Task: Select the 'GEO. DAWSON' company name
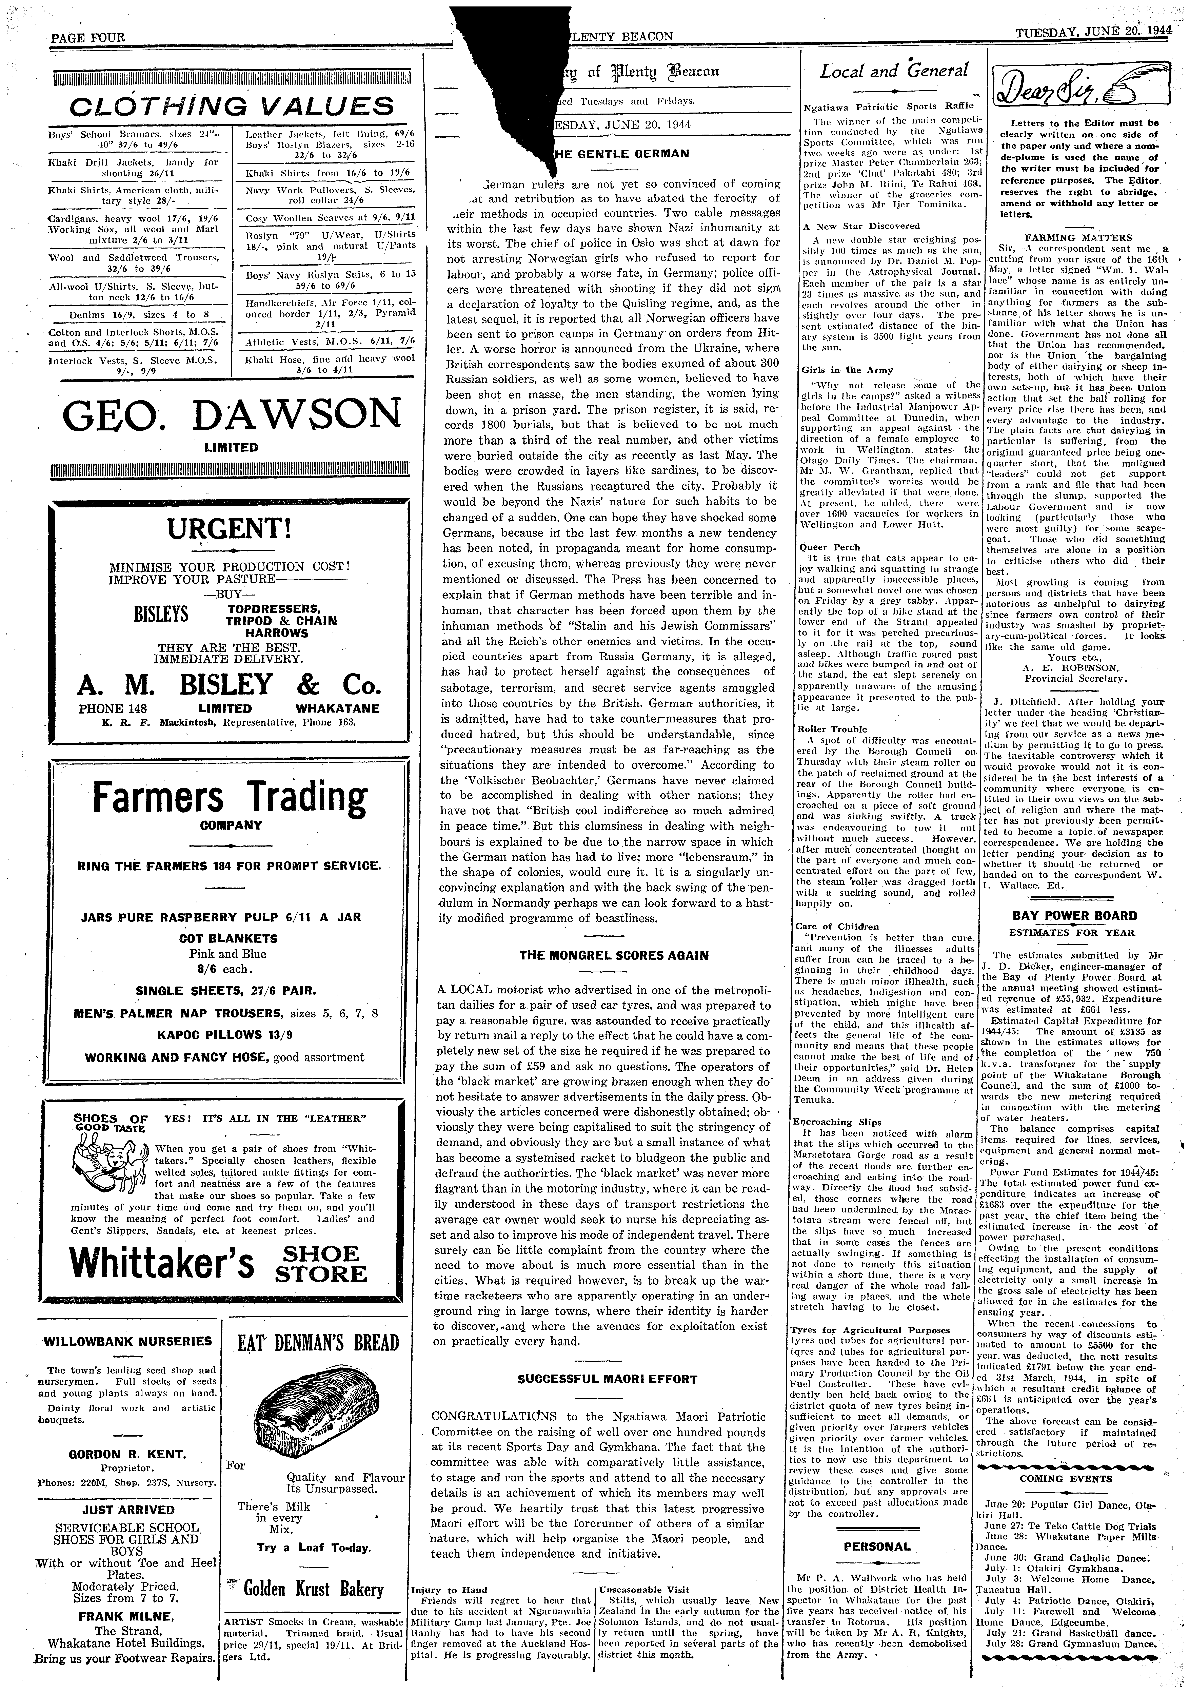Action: tap(229, 417)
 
